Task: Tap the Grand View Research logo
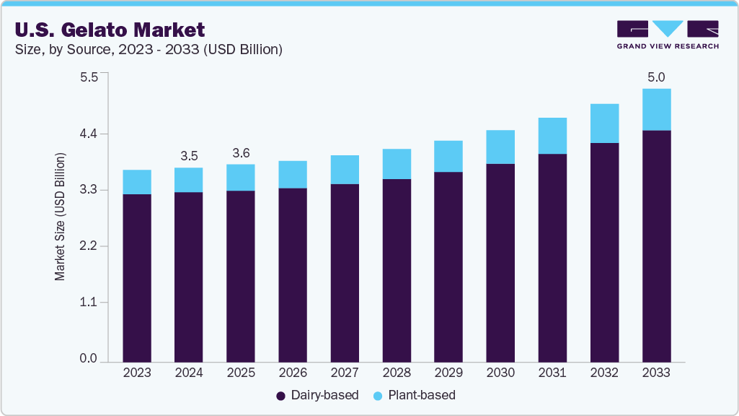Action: [x=668, y=34]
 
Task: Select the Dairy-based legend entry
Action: [x=317, y=395]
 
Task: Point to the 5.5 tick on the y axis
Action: [x=87, y=77]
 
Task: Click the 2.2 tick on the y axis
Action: [x=87, y=246]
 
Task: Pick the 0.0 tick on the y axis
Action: [x=87, y=359]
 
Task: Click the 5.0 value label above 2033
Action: [x=656, y=77]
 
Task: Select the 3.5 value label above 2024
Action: [x=189, y=155]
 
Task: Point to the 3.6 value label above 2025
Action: [x=241, y=152]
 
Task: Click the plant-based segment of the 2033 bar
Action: [x=656, y=110]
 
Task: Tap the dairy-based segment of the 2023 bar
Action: [x=137, y=277]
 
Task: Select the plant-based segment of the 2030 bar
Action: [x=500, y=147]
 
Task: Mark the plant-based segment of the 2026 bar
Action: [x=293, y=174]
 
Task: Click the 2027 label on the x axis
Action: [x=345, y=373]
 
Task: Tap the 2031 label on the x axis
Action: [x=552, y=373]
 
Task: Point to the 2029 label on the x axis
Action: [x=448, y=373]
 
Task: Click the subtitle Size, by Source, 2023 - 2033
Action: [x=148, y=50]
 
